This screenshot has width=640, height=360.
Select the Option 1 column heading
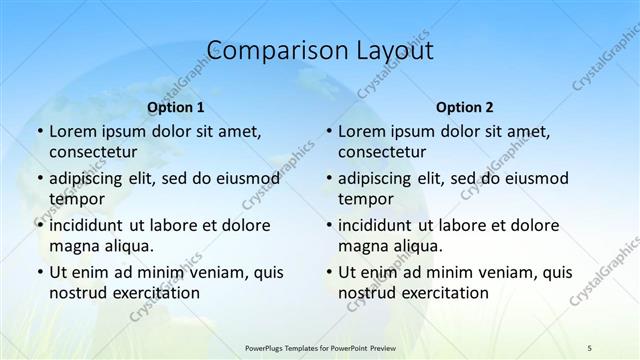pos(176,107)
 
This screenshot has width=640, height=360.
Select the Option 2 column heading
pos(465,107)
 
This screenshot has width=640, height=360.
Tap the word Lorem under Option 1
pos(73,131)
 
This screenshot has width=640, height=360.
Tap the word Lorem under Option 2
pos(362,131)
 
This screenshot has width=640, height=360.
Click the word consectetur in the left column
pos(95,152)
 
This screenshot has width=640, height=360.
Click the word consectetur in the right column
pos(384,152)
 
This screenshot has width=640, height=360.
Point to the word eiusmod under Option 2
pos(535,178)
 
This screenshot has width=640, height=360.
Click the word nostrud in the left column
pos(78,292)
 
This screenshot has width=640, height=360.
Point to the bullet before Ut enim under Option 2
pos(328,272)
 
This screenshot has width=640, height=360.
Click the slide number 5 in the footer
pos(589,347)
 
